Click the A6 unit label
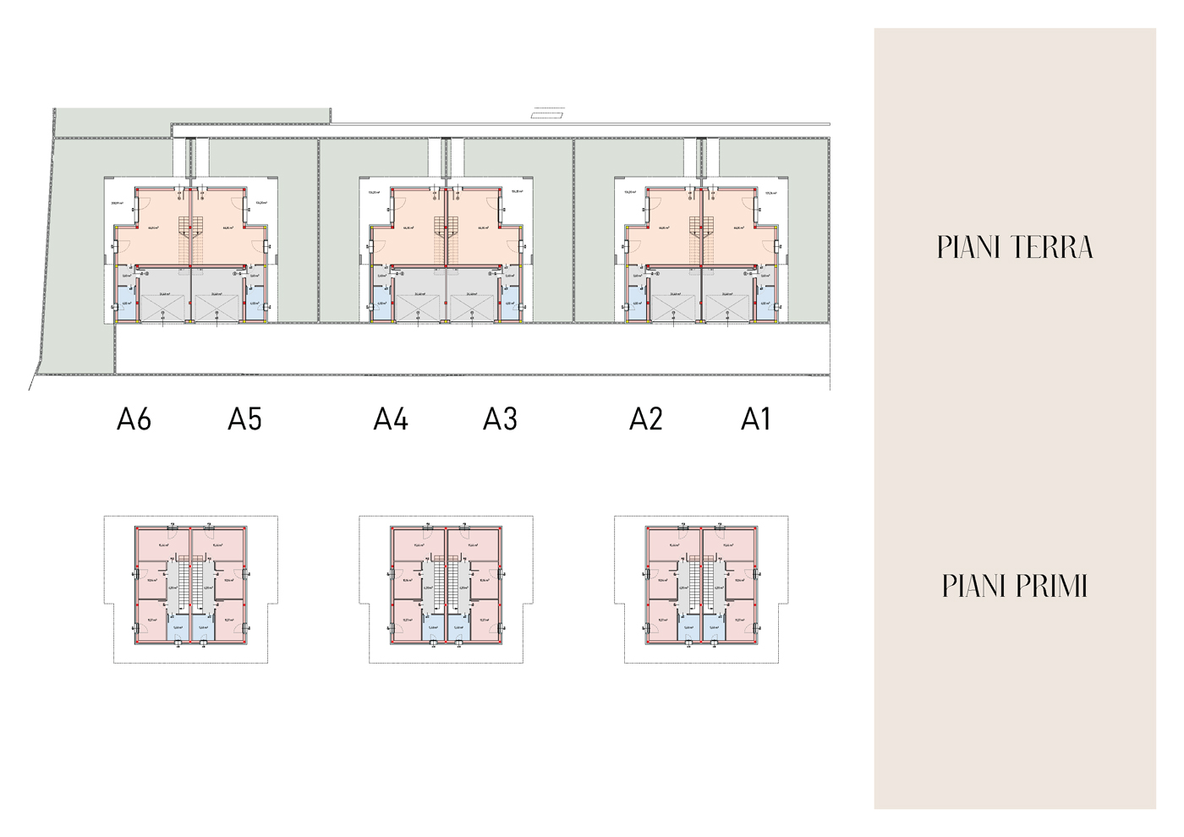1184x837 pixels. [x=134, y=419]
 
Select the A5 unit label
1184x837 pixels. [x=244, y=419]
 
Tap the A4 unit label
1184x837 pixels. [x=391, y=419]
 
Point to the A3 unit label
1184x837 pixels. [x=500, y=419]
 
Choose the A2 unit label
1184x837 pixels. [x=646, y=419]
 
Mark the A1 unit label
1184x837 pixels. [x=756, y=419]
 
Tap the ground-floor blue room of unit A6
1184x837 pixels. [x=125, y=305]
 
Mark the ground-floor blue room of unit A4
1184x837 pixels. [x=381, y=305]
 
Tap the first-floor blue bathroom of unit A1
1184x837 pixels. [x=714, y=628]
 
